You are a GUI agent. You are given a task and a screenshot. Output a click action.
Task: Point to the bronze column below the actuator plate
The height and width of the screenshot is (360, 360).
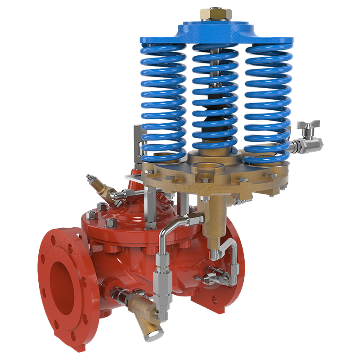click(211, 216)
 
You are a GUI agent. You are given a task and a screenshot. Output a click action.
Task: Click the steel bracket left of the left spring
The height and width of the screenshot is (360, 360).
click(138, 144)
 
